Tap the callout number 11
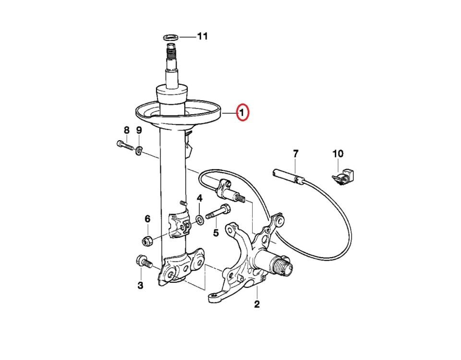202,36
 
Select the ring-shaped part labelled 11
170,37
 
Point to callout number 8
126,130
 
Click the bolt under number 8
125,145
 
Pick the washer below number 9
138,150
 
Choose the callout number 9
139,130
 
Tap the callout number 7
295,153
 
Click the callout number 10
338,154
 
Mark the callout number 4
200,198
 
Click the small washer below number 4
200,219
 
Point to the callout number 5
216,233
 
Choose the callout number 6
147,219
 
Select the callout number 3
141,285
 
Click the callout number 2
256,304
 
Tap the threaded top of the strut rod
171,51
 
